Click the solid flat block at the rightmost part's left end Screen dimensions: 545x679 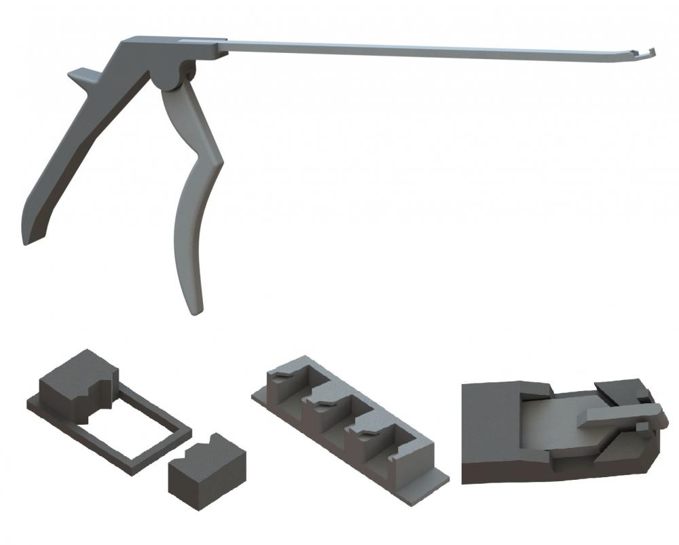[x=489, y=428]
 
